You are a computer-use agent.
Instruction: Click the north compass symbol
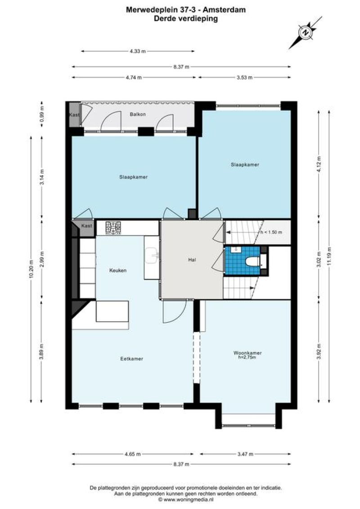pyautogui.click(x=306, y=32)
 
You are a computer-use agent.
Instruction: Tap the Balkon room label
pyautogui.click(x=138, y=114)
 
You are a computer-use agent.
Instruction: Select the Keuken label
pyautogui.click(x=118, y=270)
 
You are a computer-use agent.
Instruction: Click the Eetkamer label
pyautogui.click(x=131, y=359)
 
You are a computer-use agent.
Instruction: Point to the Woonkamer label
pyautogui.click(x=247, y=353)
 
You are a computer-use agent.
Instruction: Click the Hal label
pyautogui.click(x=192, y=260)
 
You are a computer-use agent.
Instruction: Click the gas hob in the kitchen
pyautogui.click(x=113, y=228)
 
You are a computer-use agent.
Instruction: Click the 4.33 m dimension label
pyautogui.click(x=138, y=51)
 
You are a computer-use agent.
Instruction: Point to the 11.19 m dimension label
pyautogui.click(x=329, y=257)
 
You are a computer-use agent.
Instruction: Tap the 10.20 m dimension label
pyautogui.click(x=31, y=269)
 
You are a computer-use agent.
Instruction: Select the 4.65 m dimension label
pyautogui.click(x=132, y=454)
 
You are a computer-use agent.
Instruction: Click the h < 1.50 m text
pyautogui.click(x=271, y=232)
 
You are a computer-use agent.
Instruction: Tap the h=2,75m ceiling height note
pyautogui.click(x=247, y=357)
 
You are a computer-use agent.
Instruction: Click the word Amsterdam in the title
pyautogui.click(x=225, y=10)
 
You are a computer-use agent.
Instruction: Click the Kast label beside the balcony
pyautogui.click(x=74, y=115)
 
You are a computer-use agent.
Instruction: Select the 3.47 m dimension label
pyautogui.click(x=245, y=454)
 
